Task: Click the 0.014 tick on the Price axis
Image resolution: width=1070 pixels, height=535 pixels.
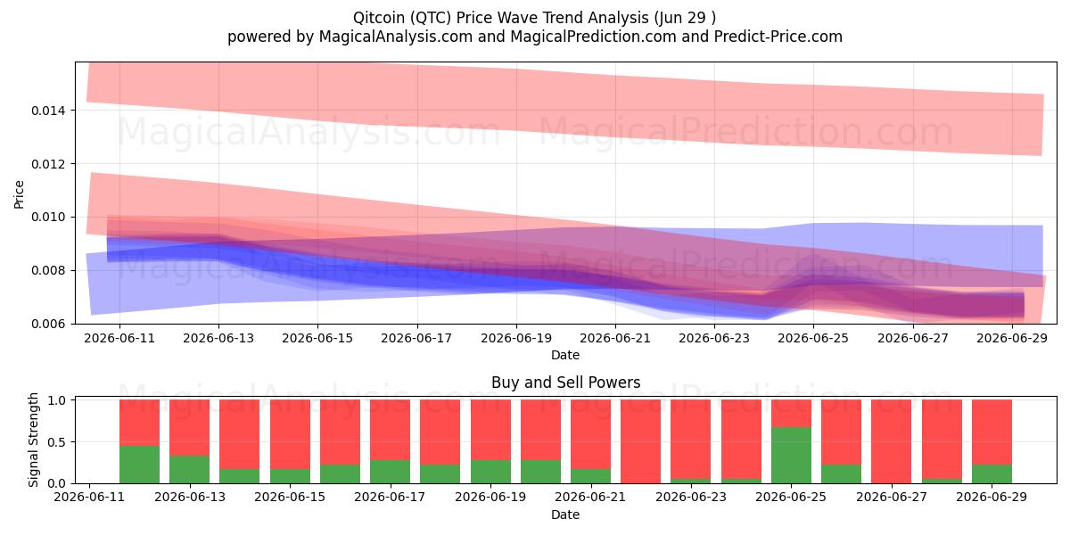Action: [x=48, y=111]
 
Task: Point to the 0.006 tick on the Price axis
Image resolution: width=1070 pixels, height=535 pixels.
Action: [x=48, y=324]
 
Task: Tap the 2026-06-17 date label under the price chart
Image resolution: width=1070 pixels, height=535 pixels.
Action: [x=416, y=338]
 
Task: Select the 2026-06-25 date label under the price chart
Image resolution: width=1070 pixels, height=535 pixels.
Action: [x=813, y=338]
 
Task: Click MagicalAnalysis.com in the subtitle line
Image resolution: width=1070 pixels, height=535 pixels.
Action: [x=396, y=37]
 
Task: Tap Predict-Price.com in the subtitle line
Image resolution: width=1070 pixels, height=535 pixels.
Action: [x=778, y=37]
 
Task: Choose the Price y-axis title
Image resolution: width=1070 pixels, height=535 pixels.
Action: [x=19, y=194]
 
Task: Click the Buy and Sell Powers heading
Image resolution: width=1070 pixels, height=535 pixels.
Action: [x=565, y=383]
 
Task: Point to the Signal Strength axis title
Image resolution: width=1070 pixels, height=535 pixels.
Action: [x=33, y=440]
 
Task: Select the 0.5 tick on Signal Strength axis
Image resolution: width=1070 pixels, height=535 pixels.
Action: [x=57, y=442]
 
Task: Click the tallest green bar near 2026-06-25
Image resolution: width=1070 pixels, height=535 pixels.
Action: [x=791, y=455]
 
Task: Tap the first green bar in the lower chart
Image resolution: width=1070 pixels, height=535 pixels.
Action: [x=139, y=465]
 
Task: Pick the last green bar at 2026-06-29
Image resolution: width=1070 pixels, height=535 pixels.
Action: [x=992, y=473]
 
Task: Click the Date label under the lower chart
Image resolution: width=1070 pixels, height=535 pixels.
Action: [x=565, y=514]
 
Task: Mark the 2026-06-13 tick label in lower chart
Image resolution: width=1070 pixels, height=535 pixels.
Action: [x=190, y=497]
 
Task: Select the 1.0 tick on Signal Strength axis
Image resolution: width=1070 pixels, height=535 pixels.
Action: [x=57, y=400]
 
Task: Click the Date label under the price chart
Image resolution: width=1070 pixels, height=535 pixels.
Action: [x=565, y=355]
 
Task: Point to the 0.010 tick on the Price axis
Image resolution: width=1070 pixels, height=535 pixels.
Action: [x=48, y=218]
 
